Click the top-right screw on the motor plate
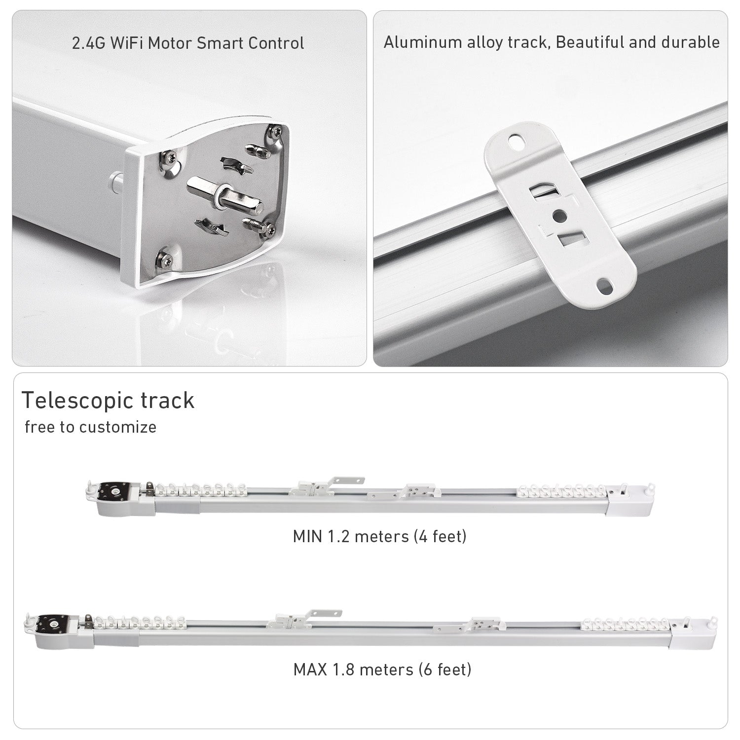point(274,131)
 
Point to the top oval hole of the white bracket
point(517,142)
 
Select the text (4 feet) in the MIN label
point(442,536)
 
